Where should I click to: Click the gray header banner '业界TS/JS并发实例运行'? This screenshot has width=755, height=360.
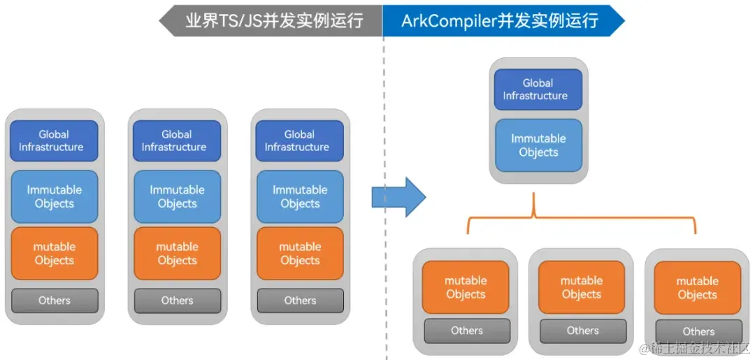coord(273,20)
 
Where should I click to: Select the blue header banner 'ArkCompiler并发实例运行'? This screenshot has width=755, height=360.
coord(500,20)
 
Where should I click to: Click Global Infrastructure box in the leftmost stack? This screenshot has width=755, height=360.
coord(54,141)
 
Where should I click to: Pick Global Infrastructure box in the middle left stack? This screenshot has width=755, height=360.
coord(177,141)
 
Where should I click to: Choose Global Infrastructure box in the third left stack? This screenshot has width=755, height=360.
coord(300,141)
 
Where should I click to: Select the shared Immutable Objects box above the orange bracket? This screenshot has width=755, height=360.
coord(538,145)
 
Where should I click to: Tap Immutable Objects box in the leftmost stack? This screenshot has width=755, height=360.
coord(54,196)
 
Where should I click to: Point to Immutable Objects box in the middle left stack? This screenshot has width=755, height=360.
coord(177,196)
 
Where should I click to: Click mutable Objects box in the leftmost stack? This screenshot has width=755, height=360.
coord(54,253)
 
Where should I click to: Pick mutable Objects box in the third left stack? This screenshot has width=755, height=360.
coord(300,253)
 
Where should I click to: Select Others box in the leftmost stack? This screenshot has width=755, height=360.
coord(54,301)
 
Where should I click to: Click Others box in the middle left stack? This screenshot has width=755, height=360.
coord(177,301)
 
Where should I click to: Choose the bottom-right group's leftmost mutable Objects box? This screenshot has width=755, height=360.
coord(466,287)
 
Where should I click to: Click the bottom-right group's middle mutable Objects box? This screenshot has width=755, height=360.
coord(582,287)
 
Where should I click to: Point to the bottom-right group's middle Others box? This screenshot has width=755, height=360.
coord(582,331)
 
